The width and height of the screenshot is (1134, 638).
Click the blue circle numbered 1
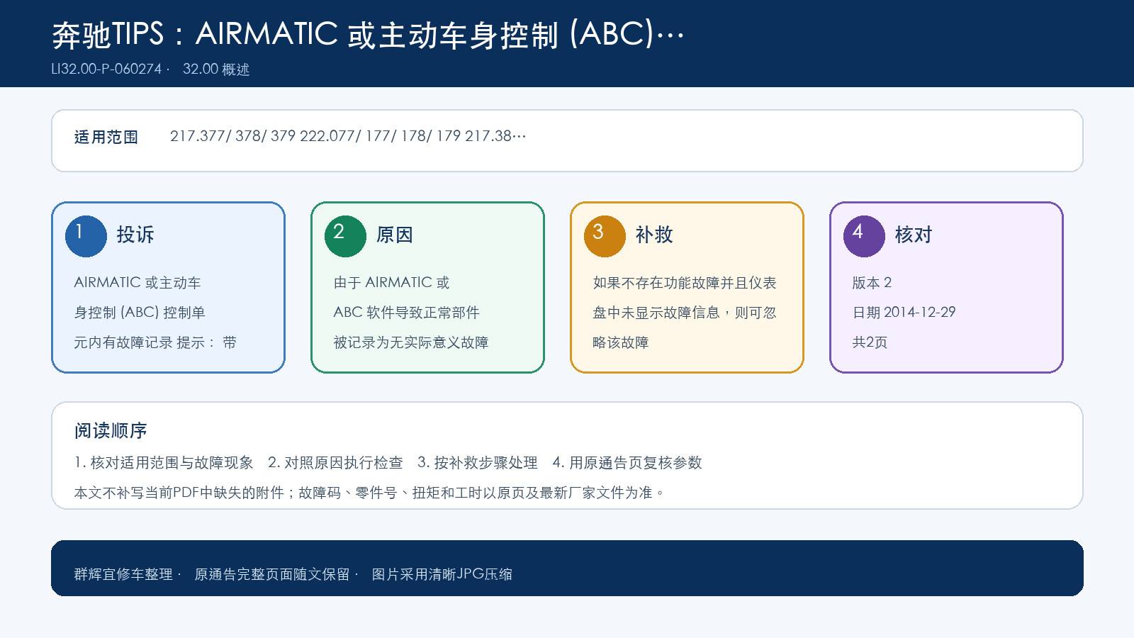click(86, 237)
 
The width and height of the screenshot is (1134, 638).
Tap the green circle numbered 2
click(345, 237)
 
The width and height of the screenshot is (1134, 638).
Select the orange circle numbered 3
click(605, 237)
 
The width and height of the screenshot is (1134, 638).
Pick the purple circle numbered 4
click(864, 237)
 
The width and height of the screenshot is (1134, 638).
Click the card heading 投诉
click(135, 235)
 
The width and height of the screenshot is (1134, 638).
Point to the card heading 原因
click(394, 235)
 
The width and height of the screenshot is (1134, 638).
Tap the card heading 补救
click(654, 235)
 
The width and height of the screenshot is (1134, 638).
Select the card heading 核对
click(914, 235)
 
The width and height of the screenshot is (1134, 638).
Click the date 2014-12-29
click(919, 312)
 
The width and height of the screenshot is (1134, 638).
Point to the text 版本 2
click(872, 283)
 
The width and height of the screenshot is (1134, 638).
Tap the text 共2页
click(870, 342)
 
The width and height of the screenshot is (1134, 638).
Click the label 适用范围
click(106, 137)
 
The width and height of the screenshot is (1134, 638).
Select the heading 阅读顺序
click(111, 430)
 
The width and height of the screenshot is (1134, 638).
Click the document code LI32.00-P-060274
click(106, 69)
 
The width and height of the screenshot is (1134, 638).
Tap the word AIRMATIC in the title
click(266, 34)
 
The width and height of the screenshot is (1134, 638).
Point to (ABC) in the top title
click(612, 35)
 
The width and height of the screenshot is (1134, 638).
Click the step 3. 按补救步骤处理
click(478, 462)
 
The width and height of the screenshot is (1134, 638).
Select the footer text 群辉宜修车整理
click(123, 574)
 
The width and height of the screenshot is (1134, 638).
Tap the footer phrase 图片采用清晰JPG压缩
click(442, 574)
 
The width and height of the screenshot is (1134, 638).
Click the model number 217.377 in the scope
click(198, 136)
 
